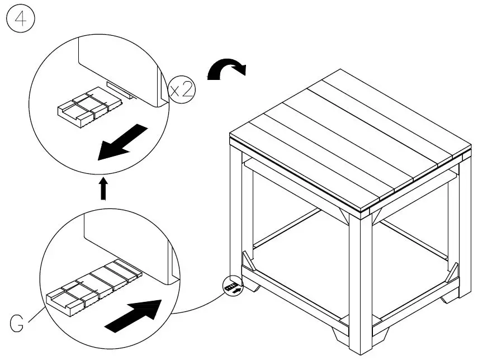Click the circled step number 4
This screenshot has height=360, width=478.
point(20,20)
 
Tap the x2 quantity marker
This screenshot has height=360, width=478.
point(182,89)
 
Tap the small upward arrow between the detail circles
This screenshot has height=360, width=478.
point(103,188)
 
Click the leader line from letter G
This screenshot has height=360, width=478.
point(36,310)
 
